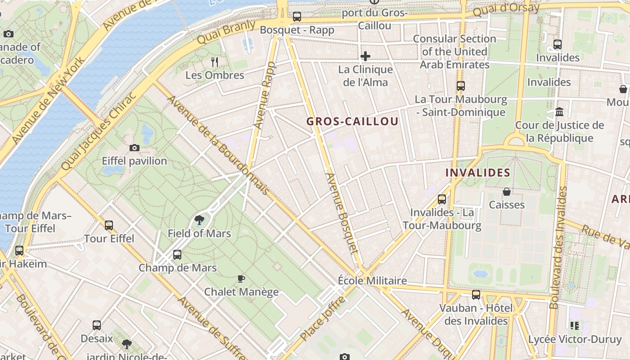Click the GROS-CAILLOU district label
(x=352, y=121)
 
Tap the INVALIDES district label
(x=477, y=173)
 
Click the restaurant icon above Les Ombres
(x=215, y=62)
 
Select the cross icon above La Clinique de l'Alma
(x=365, y=56)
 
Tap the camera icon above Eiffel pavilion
(x=134, y=148)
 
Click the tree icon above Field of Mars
(x=199, y=220)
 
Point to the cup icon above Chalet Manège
(x=241, y=279)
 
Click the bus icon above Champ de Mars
(x=177, y=255)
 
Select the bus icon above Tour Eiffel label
(x=109, y=225)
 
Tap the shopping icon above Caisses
(x=507, y=192)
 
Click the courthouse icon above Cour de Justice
(x=559, y=112)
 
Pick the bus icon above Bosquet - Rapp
(x=297, y=17)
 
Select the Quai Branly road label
(x=226, y=32)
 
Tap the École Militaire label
(x=372, y=281)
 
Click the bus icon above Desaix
(x=96, y=325)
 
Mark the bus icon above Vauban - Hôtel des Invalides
(x=476, y=295)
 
